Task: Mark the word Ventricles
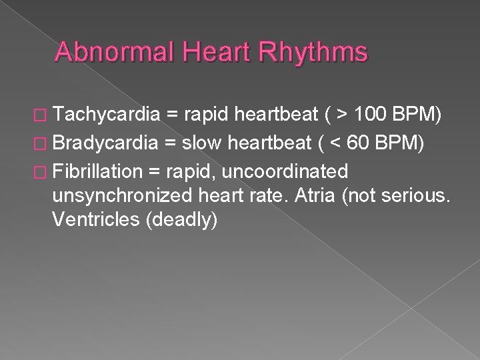pyautogui.click(x=93, y=220)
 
